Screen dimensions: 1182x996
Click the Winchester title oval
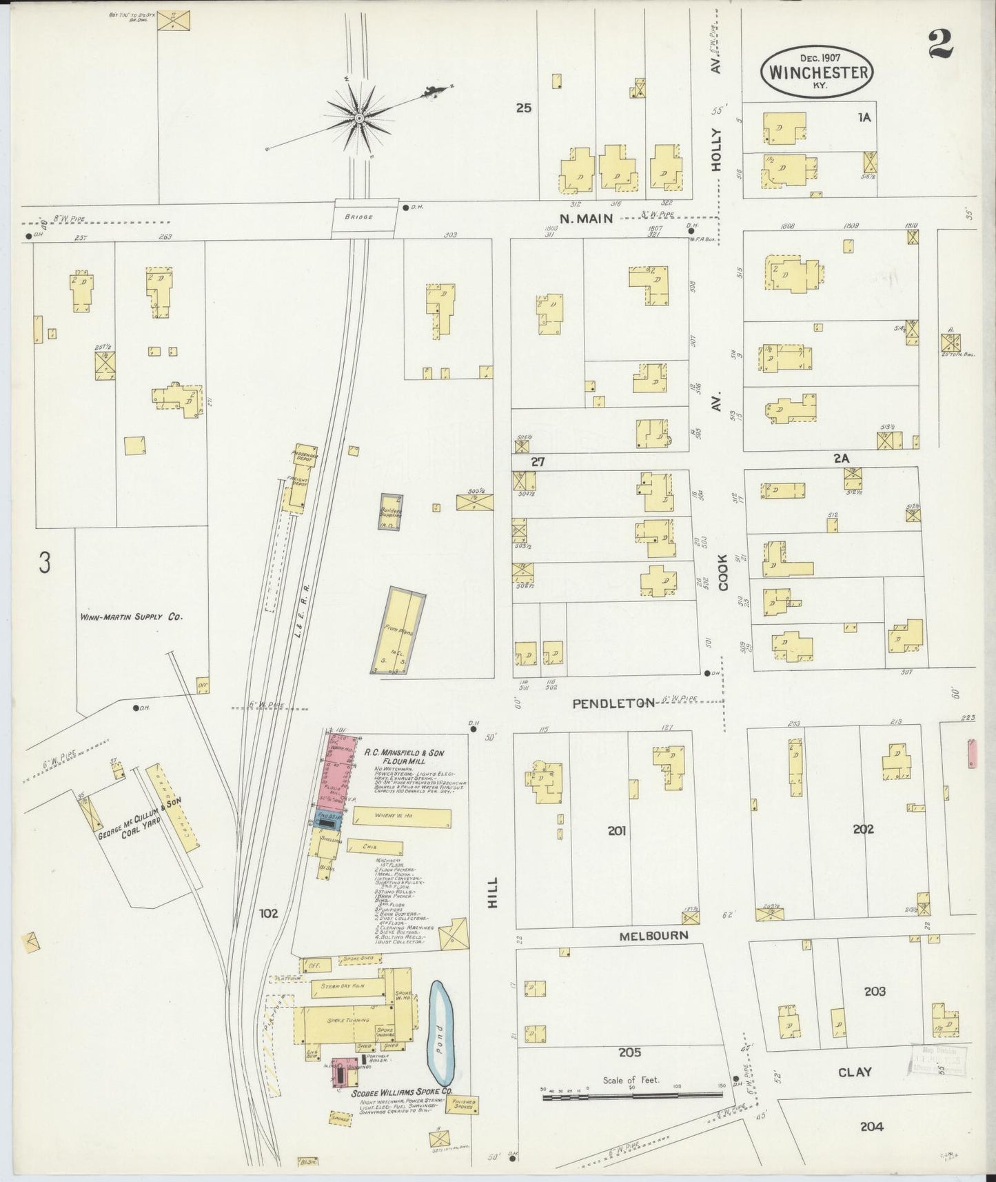point(817,71)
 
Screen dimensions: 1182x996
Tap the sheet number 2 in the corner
point(941,45)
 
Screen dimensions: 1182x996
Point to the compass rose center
point(358,119)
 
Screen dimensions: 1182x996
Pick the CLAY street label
point(855,1072)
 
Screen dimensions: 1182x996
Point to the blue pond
point(441,1032)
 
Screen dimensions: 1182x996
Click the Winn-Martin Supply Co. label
point(131,617)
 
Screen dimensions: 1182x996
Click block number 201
point(616,831)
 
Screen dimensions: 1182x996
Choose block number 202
point(863,829)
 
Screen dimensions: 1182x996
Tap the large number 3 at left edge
point(45,563)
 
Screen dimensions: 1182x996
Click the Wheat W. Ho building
point(402,817)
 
